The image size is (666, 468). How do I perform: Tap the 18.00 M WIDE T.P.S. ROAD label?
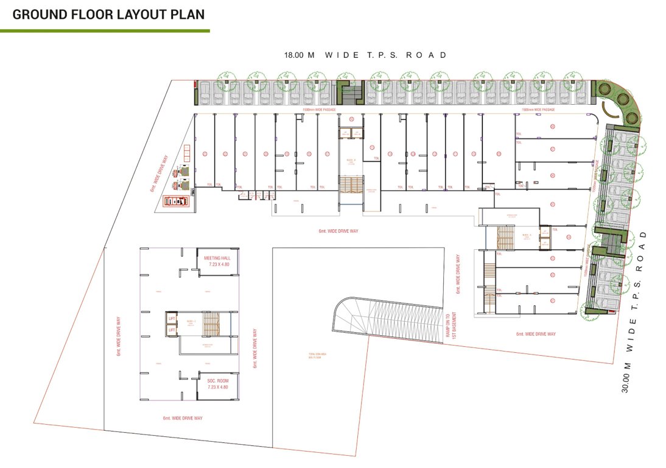pos(365,55)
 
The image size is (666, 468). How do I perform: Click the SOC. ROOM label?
pos(216,381)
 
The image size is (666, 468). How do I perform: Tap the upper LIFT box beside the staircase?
pos(172,318)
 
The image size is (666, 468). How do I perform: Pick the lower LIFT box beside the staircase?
pos(172,330)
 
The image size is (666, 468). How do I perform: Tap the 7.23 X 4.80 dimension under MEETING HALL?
pos(216,265)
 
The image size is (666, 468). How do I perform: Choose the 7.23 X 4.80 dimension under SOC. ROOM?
pos(216,387)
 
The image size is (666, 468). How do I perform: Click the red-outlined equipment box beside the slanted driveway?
pos(176,200)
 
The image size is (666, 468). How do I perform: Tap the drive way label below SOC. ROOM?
pos(183,418)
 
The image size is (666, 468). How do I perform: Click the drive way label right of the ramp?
pos(536,334)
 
